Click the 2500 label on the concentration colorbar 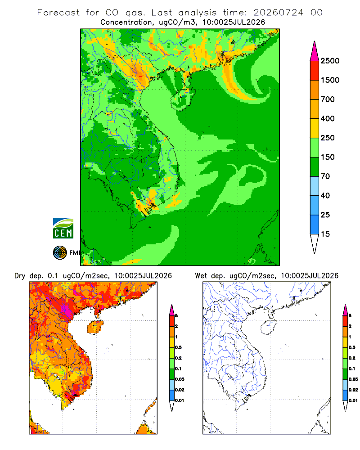(330, 61)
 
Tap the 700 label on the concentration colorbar (328, 99)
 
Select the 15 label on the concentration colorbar (325, 234)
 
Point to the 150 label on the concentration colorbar (328, 157)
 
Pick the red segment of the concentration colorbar (315, 71)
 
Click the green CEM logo (63, 229)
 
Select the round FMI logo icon (60, 253)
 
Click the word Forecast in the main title (58, 13)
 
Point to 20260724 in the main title (278, 13)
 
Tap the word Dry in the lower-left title (20, 276)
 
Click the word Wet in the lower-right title (201, 276)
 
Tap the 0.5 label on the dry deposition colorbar (178, 347)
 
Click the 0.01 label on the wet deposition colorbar (353, 400)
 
